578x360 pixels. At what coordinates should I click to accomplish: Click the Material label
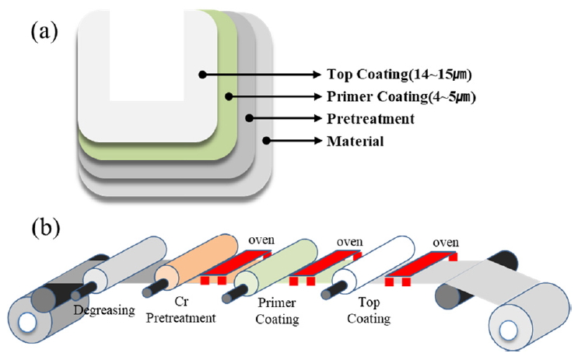pyautogui.click(x=357, y=141)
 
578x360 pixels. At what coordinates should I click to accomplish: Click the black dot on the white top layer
pyautogui.click(x=203, y=75)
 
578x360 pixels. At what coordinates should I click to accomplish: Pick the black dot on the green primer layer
pyautogui.click(x=229, y=97)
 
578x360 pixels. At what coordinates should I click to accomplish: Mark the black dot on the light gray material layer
pyautogui.click(x=266, y=141)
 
